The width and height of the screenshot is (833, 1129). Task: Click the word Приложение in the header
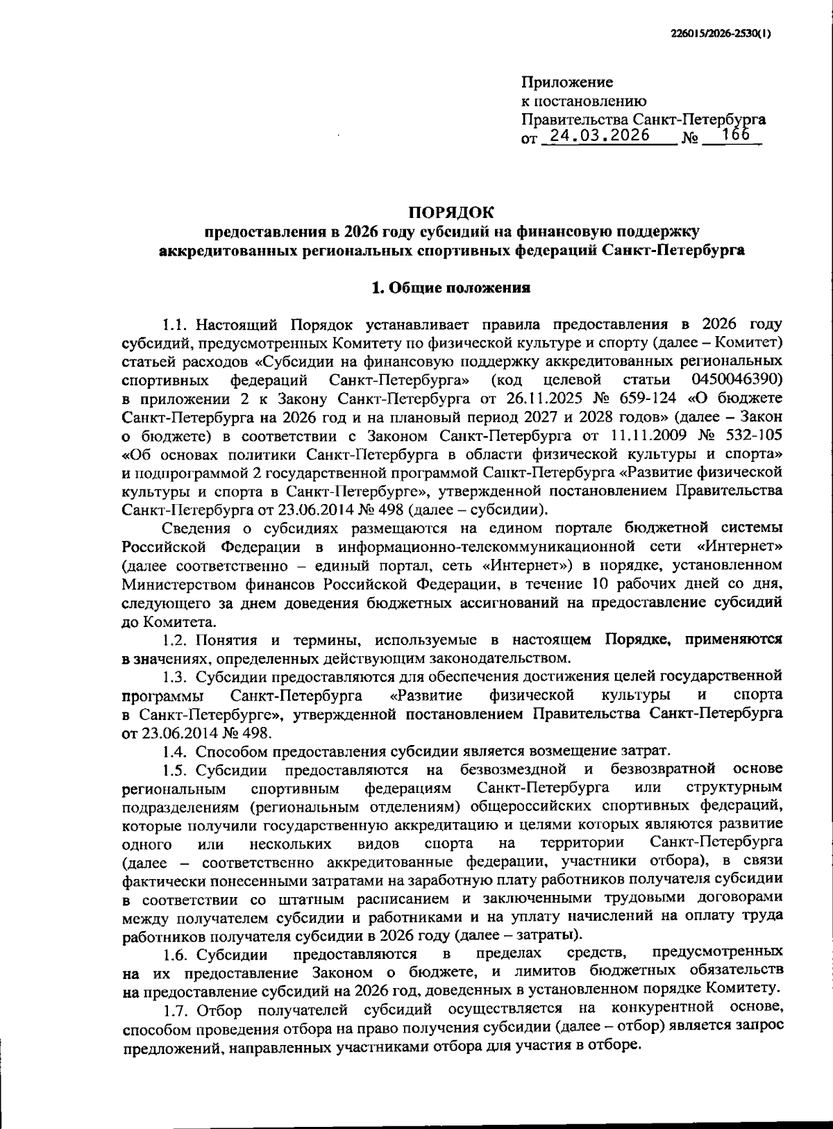(567, 83)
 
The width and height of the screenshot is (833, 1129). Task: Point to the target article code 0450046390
(737, 380)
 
